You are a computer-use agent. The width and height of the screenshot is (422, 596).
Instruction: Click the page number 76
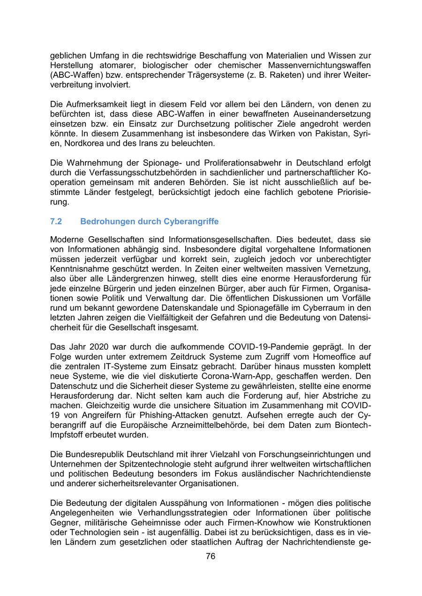(211, 556)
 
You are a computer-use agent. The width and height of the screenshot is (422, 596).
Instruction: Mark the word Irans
(147, 144)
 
